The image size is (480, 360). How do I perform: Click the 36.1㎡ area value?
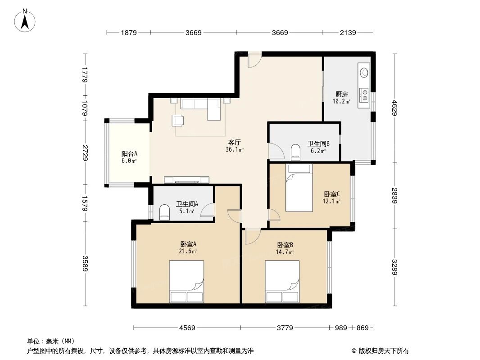pyautogui.click(x=235, y=150)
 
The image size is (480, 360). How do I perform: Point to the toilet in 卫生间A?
pyautogui.click(x=164, y=213)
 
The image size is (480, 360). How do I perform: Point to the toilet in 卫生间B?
pyautogui.click(x=296, y=152)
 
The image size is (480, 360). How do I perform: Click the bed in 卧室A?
pyautogui.click(x=186, y=281)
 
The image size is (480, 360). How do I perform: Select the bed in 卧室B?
pyautogui.click(x=282, y=281)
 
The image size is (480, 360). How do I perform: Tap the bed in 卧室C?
pyautogui.click(x=299, y=188)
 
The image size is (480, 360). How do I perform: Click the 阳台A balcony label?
pyautogui.click(x=129, y=153)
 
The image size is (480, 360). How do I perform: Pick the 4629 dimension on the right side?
pyautogui.click(x=395, y=108)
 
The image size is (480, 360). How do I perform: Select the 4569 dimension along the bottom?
pyautogui.click(x=187, y=328)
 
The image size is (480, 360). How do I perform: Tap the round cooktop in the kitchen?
pyautogui.click(x=364, y=72)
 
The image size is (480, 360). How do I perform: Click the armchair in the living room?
pyautogui.click(x=178, y=121)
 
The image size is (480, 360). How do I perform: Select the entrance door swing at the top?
pyautogui.click(x=254, y=61)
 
